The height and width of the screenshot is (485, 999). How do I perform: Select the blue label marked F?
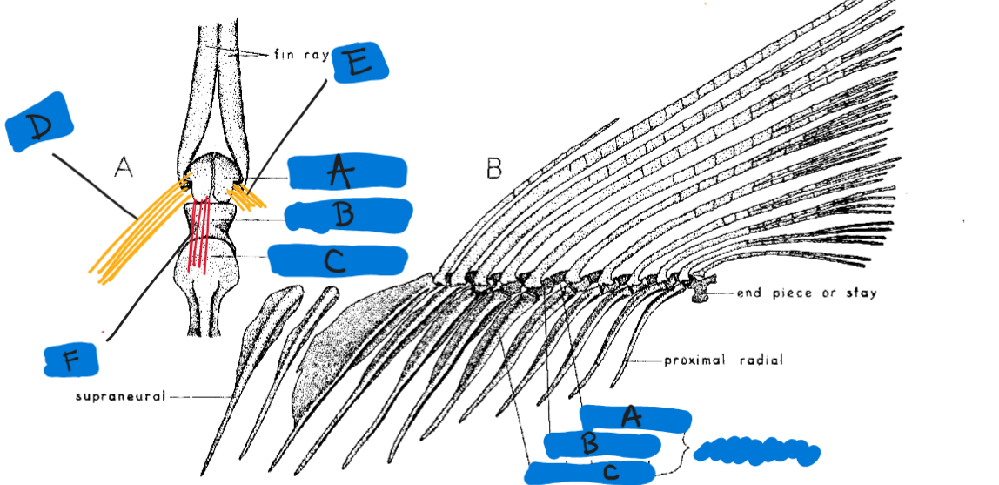pyautogui.click(x=76, y=357)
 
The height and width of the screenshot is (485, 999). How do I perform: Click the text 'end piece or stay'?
pyautogui.click(x=806, y=293)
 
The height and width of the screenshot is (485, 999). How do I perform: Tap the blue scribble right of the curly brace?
pyautogui.click(x=758, y=450)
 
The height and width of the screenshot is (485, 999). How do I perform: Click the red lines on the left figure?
pyautogui.click(x=200, y=233)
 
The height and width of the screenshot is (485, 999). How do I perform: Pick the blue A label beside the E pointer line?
pyautogui.click(x=346, y=172)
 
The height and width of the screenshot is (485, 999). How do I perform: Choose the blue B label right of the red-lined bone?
pyautogui.click(x=349, y=215)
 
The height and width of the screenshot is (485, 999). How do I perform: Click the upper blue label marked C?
pyautogui.click(x=337, y=259)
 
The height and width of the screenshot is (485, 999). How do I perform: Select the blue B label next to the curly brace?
pyautogui.click(x=601, y=444)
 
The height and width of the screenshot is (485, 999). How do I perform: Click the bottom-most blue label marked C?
pyautogui.click(x=589, y=472)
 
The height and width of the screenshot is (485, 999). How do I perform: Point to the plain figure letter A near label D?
pyautogui.click(x=124, y=167)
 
